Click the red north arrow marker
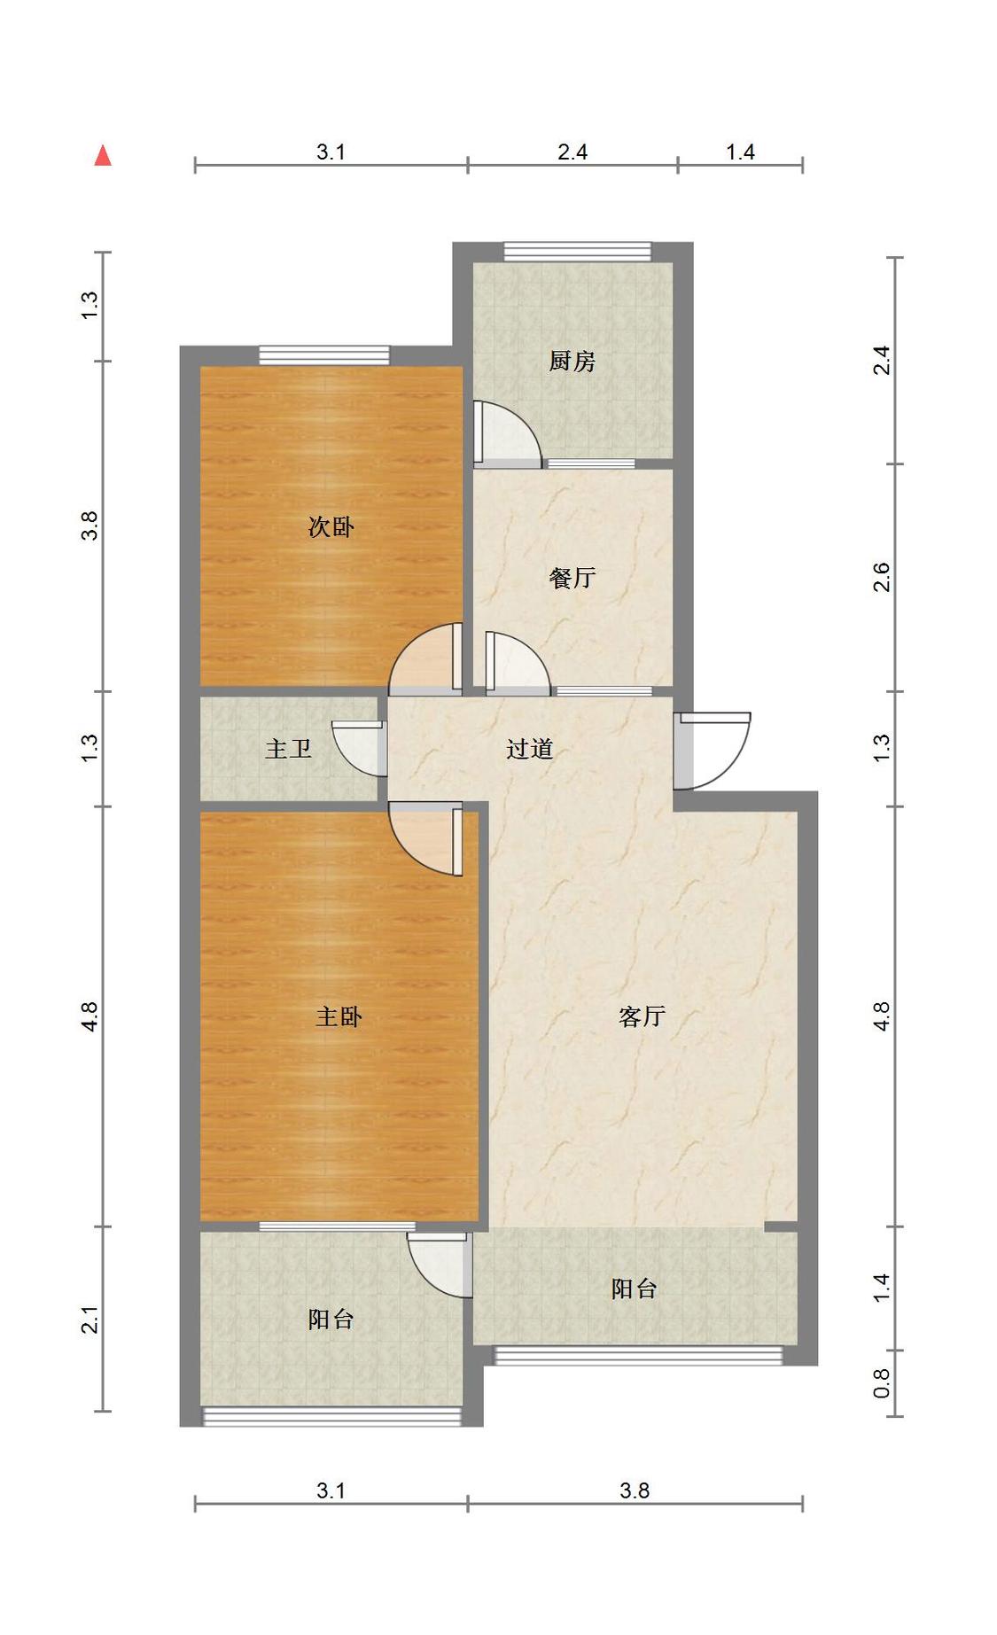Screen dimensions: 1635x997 coord(103,156)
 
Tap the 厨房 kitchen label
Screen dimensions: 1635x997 coord(572,361)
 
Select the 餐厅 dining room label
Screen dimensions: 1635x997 coord(572,578)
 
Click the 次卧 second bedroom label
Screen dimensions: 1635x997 coord(331,526)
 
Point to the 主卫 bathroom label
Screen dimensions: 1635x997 coord(288,749)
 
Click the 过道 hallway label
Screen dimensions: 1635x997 coord(529,749)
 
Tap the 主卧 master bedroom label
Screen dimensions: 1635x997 coord(339,1016)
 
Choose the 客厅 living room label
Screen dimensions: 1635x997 coord(642,1016)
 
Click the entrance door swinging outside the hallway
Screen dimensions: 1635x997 coord(714,749)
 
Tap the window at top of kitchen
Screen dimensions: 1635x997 coord(577,252)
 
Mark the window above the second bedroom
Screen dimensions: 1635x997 coord(323,355)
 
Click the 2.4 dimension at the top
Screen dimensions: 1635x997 coord(572,152)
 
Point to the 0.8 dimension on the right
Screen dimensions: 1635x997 coord(882,1382)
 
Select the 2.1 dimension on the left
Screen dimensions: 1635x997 coord(90,1320)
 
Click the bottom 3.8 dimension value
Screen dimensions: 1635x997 coord(635,1491)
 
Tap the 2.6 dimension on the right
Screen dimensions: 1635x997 coord(882,578)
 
